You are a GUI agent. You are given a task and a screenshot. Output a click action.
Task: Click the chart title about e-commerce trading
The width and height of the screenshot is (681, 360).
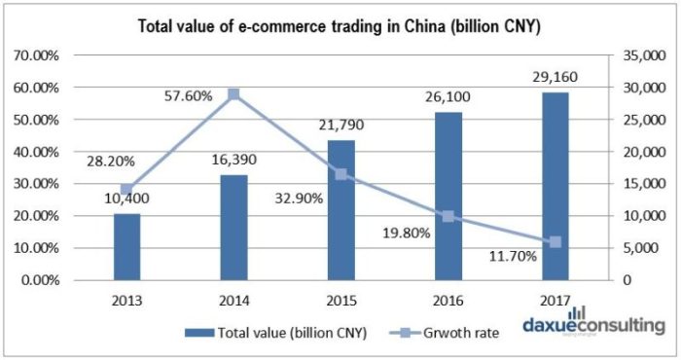(x=340, y=24)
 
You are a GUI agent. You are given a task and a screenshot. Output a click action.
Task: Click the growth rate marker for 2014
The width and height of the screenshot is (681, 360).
(x=233, y=95)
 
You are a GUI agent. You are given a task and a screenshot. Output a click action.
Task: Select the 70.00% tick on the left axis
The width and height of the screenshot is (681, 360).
(x=36, y=56)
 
